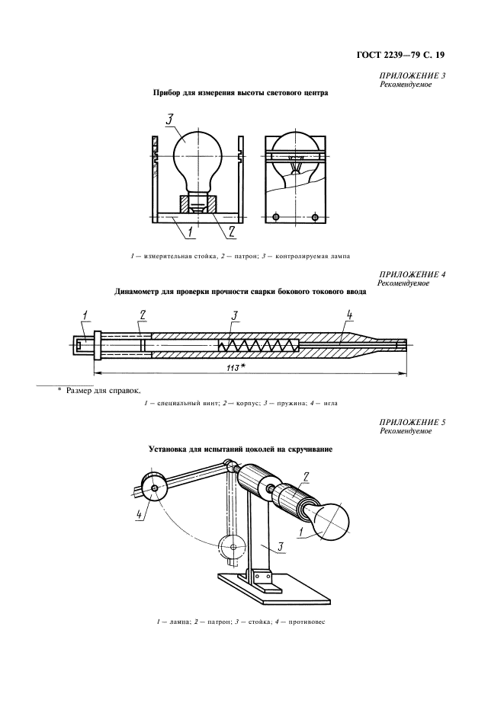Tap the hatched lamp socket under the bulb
pyautogui.click(x=197, y=204)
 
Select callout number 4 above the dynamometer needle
pyautogui.click(x=348, y=314)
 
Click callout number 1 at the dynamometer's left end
pyautogui.click(x=85, y=314)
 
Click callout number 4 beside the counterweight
pyautogui.click(x=140, y=516)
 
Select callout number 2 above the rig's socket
pyautogui.click(x=305, y=478)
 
